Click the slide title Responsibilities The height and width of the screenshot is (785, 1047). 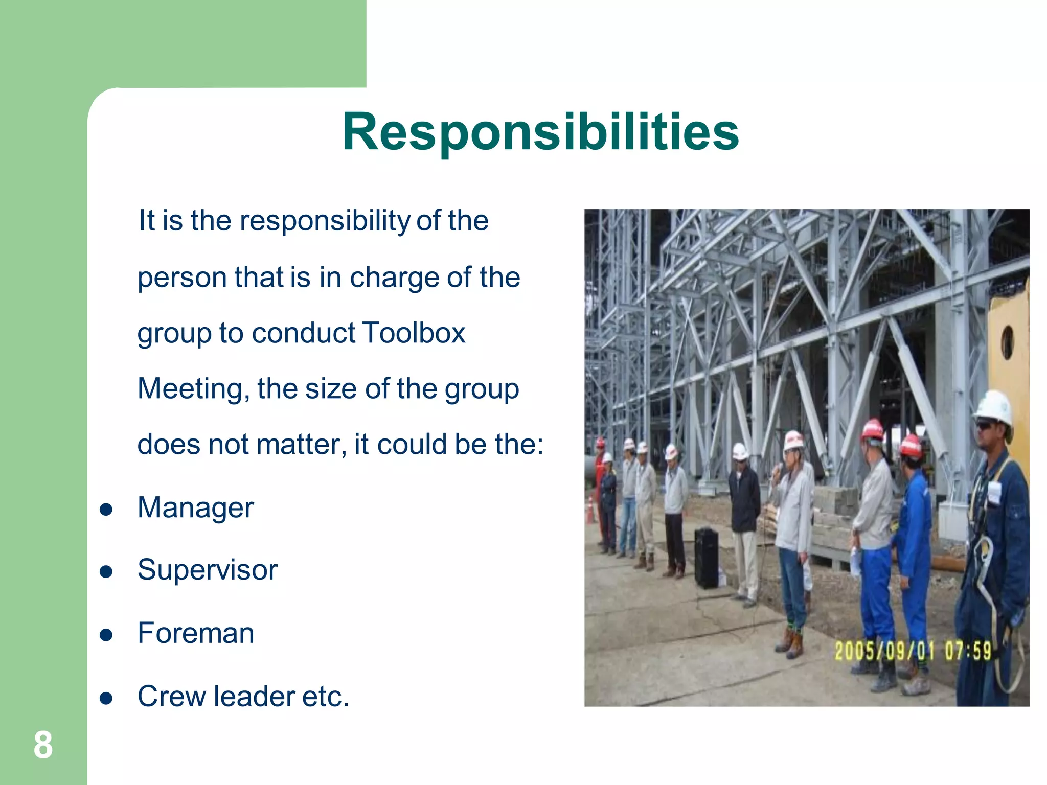[540, 132]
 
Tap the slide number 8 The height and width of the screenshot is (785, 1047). [43, 745]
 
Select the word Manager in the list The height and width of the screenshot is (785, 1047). [195, 508]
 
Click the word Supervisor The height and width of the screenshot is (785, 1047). [207, 570]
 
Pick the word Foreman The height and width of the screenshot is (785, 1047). [196, 633]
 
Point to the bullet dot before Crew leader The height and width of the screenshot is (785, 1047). [106, 698]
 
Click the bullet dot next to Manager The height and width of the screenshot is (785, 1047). [106, 510]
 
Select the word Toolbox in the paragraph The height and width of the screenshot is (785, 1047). [414, 333]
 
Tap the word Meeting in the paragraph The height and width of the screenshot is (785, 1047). [193, 389]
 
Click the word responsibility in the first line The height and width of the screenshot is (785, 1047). [325, 221]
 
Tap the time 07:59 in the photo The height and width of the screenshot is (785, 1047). [968, 651]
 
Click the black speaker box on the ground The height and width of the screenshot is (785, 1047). [706, 558]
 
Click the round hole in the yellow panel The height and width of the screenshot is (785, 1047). [1007, 342]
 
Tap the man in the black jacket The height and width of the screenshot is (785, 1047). [744, 506]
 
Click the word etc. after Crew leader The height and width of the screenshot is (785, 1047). [326, 697]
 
